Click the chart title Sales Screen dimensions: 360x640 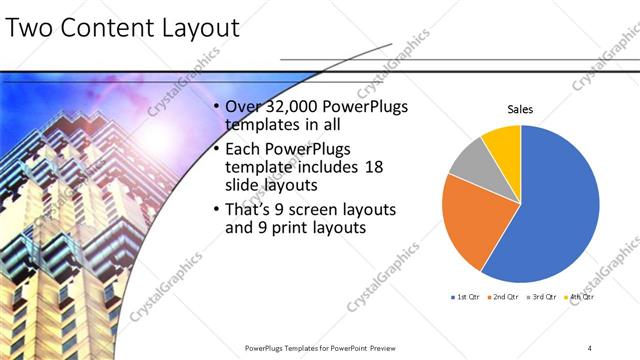coord(520,109)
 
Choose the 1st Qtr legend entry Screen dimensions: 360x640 coord(467,297)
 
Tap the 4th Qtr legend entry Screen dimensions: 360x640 coord(582,297)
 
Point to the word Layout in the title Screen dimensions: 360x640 coord(196,28)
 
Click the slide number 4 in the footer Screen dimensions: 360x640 coord(590,348)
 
